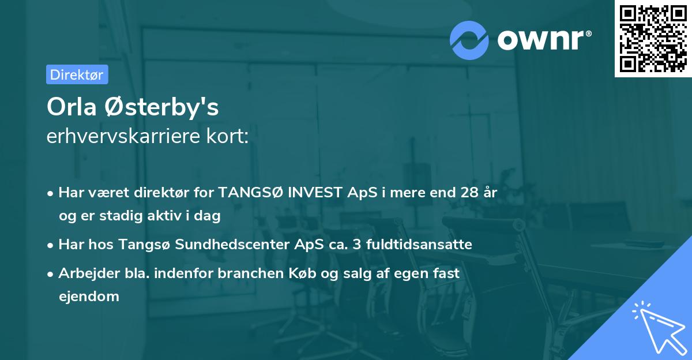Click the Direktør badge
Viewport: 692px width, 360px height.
coord(77,74)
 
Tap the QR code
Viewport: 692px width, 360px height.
coord(653,38)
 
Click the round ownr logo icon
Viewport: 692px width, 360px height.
coord(469,40)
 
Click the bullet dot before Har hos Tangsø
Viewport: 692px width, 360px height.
coord(51,245)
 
